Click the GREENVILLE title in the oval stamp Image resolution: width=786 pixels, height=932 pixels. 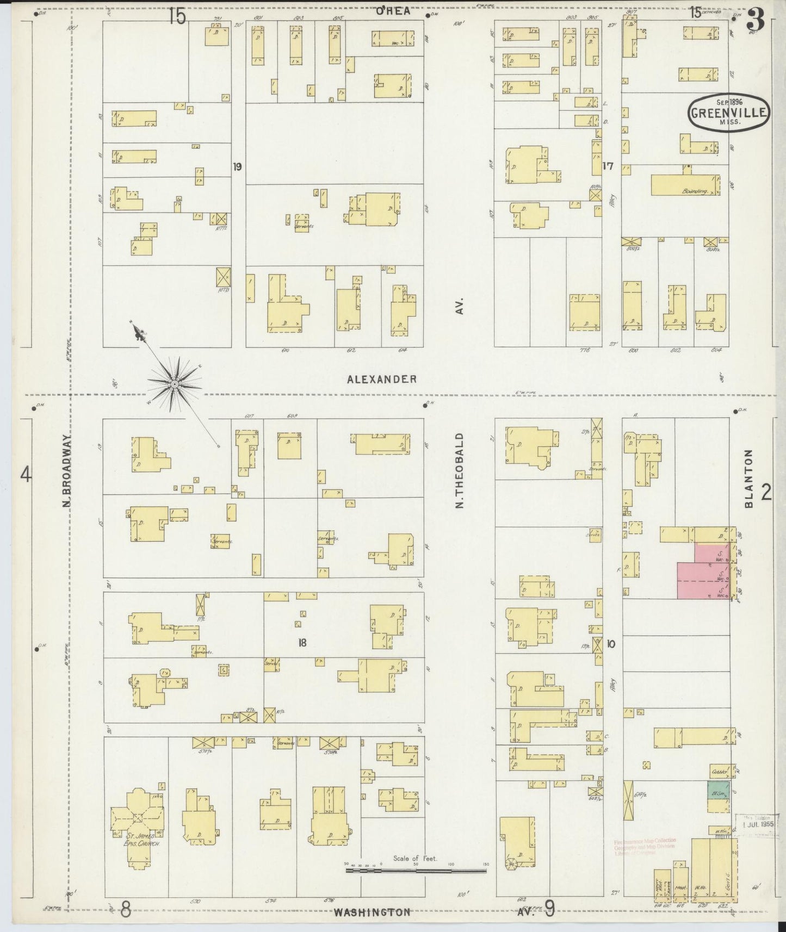[x=729, y=113]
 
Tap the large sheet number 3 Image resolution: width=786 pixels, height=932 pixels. [x=756, y=21]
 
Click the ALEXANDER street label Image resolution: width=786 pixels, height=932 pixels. [x=382, y=380]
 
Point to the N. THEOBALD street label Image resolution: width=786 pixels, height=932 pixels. [x=460, y=471]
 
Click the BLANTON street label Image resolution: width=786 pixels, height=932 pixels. [x=749, y=479]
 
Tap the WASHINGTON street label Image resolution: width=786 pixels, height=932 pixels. [x=372, y=912]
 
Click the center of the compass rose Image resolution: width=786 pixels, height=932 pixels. [x=174, y=384]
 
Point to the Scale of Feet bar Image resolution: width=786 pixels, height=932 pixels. [x=416, y=871]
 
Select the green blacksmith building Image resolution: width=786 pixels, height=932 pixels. [x=718, y=794]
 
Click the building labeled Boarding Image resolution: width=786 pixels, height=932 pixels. [x=685, y=185]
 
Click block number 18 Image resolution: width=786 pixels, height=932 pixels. [x=302, y=643]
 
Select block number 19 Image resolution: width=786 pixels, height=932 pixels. [x=237, y=166]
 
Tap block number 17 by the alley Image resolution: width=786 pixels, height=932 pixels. [x=608, y=166]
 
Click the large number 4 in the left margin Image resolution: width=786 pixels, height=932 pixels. [x=26, y=476]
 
